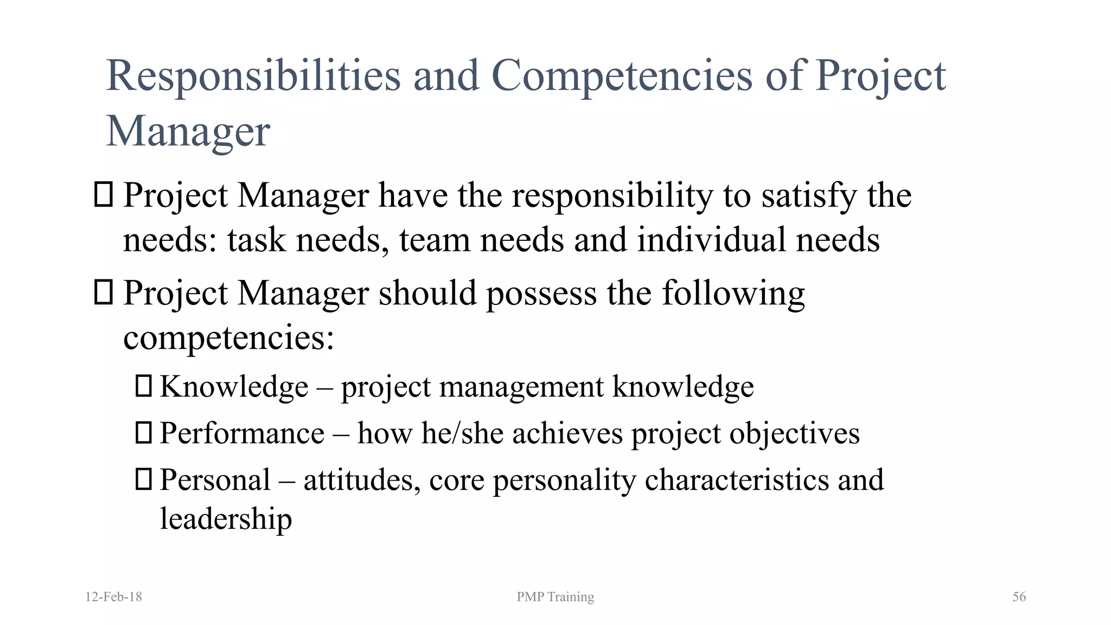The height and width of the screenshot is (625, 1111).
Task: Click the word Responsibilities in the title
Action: [253, 76]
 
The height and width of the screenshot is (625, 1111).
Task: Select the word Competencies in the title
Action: [622, 76]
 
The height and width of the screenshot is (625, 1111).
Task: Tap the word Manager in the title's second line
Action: [188, 131]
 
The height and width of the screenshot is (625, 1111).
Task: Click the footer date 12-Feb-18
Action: [114, 597]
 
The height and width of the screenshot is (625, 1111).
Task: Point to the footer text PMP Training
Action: [555, 597]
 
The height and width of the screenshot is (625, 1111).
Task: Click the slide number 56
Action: [1019, 597]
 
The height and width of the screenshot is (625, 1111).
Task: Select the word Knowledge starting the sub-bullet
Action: [234, 387]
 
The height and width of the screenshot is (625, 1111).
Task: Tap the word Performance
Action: [242, 433]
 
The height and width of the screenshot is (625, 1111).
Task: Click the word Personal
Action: [215, 480]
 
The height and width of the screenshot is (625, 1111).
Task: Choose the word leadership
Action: [226, 519]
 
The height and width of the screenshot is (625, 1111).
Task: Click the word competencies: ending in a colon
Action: [228, 338]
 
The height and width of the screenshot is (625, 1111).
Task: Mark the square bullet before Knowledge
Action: [143, 386]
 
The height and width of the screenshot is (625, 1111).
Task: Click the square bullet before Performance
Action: [143, 433]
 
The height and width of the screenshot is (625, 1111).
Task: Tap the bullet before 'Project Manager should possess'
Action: [103, 292]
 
